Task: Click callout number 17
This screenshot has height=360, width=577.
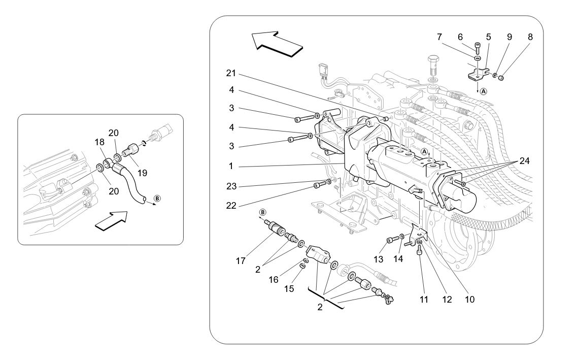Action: (x=241, y=261)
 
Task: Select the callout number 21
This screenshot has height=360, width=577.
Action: (x=231, y=74)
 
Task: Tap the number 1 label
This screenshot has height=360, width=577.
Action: (x=231, y=166)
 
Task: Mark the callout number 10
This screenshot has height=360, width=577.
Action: (x=469, y=299)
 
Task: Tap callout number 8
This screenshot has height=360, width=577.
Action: (x=530, y=37)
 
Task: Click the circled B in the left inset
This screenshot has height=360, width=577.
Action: (x=157, y=198)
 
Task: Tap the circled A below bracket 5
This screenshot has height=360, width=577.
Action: (x=483, y=91)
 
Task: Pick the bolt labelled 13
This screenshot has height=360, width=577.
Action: (x=390, y=240)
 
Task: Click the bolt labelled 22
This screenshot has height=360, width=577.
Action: (x=317, y=185)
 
